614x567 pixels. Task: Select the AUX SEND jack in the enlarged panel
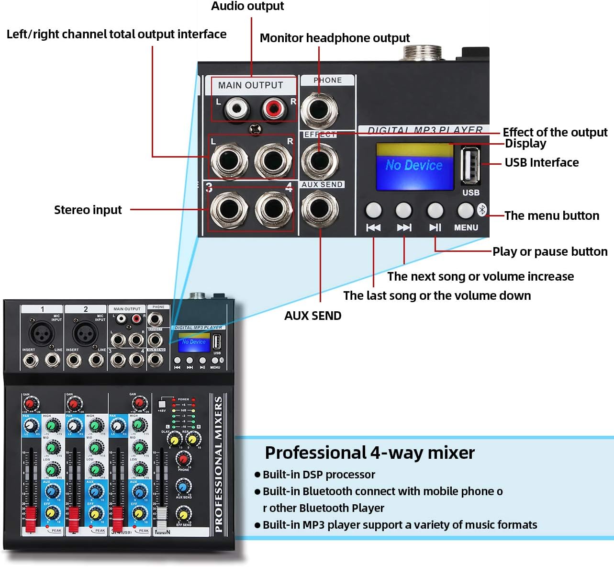pos(320,209)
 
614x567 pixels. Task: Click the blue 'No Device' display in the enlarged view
pos(414,166)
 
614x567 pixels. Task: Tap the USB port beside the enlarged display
pos(470,165)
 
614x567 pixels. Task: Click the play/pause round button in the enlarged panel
pos(435,210)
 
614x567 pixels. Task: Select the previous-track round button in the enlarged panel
pos(373,210)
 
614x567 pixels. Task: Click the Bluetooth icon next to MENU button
pos(482,210)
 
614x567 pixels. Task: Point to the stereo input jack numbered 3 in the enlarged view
pos(227,209)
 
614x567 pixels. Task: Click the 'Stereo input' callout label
pos(88,210)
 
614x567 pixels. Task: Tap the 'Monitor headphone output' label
pos(335,38)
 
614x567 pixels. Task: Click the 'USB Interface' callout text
pos(541,163)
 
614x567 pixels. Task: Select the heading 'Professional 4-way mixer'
pos(369,453)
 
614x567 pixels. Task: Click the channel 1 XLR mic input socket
pos(42,332)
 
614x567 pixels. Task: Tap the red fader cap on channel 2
pos(74,518)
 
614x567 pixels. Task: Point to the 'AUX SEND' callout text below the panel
pos(313,316)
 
